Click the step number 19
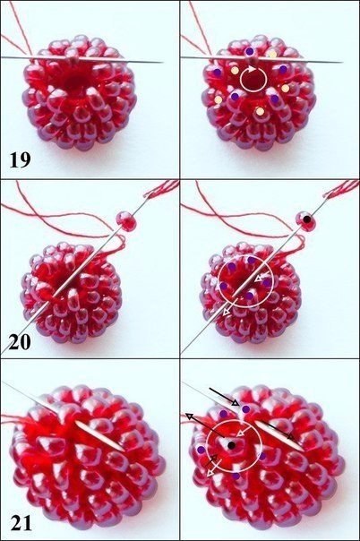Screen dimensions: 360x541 tap(20, 159)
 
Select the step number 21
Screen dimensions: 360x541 tap(21, 523)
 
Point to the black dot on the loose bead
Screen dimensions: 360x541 tap(307, 219)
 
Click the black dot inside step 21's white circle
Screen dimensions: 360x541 tap(231, 446)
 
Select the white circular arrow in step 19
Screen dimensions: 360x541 tap(253, 79)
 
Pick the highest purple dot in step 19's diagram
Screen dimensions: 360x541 tap(250, 51)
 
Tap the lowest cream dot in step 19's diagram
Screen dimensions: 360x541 tap(261, 111)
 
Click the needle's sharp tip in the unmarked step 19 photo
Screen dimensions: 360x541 tap(163, 63)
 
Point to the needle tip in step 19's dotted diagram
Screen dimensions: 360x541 tap(342, 63)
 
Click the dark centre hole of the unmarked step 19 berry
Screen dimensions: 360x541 tap(73, 82)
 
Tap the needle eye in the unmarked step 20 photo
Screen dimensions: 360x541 tap(148, 195)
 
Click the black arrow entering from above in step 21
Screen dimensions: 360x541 tap(224, 396)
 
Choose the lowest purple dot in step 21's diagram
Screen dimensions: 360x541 tap(236, 477)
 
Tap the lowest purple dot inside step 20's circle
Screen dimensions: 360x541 tap(250, 296)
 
